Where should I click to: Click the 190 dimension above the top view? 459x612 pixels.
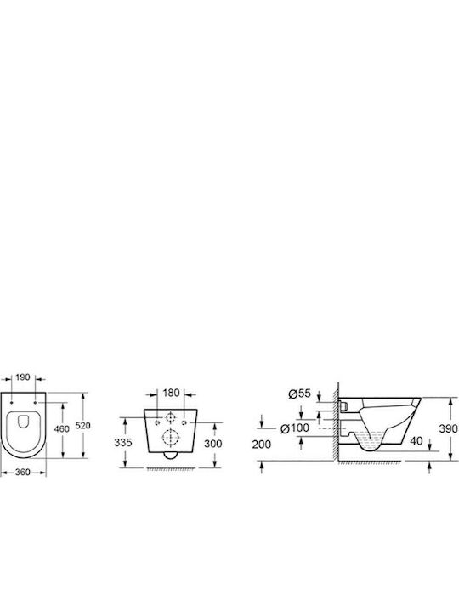point(23,377)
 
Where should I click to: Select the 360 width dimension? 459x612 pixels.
point(23,472)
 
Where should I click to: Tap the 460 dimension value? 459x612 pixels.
point(62,428)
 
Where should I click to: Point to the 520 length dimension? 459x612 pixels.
point(82,426)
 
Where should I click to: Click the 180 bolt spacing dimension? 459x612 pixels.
point(171,393)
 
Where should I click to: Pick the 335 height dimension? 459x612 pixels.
point(123,442)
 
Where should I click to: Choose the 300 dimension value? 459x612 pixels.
point(213,444)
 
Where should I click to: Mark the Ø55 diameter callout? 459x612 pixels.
point(299,393)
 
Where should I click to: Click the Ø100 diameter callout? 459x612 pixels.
point(295,428)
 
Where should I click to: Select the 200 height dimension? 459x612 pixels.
point(262,445)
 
